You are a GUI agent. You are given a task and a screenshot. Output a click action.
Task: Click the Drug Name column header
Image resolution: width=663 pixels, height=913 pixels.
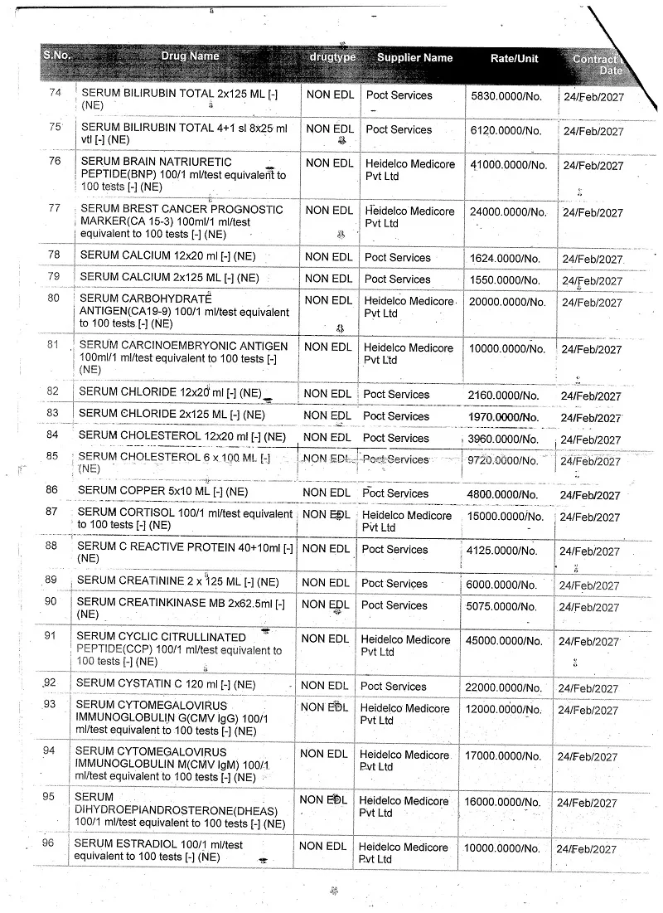point(191,56)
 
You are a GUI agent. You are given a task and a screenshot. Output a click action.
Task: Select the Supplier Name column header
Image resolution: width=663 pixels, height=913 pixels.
point(414,58)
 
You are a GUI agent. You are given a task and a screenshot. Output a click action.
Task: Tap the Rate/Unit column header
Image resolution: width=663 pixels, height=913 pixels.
point(514,59)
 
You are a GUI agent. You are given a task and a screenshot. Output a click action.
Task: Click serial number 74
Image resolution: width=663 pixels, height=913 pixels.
point(56,92)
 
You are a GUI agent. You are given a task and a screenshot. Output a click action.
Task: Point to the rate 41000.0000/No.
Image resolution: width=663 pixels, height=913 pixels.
point(509,165)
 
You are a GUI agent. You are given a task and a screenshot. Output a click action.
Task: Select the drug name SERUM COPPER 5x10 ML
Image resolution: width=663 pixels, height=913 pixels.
point(162,491)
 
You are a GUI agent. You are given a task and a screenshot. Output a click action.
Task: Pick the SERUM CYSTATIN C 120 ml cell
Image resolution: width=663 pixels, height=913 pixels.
point(166,683)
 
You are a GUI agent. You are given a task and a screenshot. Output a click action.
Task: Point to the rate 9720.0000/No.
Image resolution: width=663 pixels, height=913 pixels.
point(504,460)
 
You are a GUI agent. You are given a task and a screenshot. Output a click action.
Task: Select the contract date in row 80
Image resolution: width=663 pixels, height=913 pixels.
point(592,303)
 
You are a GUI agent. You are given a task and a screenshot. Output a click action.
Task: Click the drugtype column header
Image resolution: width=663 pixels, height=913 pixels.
point(332,57)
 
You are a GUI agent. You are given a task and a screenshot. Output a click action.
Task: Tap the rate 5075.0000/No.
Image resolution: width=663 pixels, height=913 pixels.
point(502,606)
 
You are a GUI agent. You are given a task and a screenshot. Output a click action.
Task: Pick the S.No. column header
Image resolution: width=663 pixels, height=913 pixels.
point(57,56)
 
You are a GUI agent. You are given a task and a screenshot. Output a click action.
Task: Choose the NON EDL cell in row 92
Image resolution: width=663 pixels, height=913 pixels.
point(324,685)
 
